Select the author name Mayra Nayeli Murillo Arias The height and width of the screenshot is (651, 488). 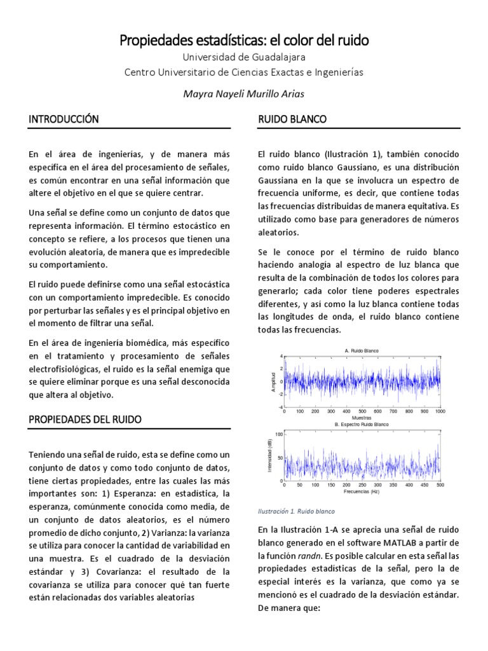244,93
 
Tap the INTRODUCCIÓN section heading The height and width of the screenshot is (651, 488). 64,119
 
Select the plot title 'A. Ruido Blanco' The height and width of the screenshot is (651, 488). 362,350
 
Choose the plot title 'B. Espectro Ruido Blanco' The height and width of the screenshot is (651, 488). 362,423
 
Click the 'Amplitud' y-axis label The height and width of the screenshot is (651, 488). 274,381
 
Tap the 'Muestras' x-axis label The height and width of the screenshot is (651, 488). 362,418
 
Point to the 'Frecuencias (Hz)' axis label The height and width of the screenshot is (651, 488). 362,491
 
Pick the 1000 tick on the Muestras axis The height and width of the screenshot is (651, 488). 440,412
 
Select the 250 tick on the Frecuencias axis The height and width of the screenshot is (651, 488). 362,484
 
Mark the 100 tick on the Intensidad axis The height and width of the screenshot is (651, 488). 278,434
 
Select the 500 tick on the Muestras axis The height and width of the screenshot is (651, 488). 362,412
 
